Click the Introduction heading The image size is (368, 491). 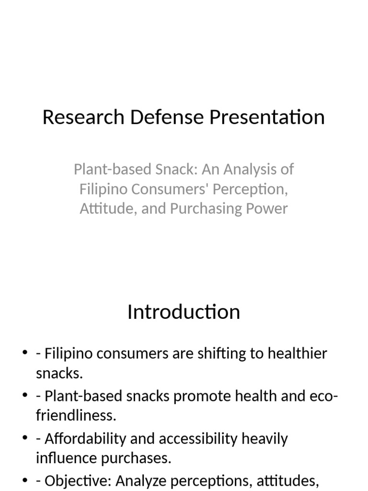click(184, 312)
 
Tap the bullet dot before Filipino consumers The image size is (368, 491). click(25, 354)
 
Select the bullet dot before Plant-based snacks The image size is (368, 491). click(25, 397)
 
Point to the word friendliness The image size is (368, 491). click(76, 415)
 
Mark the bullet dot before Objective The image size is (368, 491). click(25, 481)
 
